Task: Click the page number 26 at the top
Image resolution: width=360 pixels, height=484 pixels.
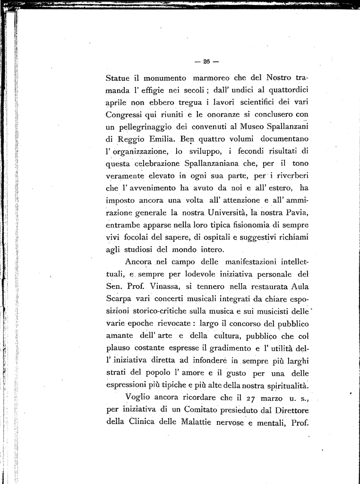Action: click(206, 61)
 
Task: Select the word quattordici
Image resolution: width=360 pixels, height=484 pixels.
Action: click(289, 89)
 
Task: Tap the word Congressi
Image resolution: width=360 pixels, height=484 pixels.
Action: click(125, 115)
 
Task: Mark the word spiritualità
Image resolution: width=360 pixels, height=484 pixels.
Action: click(283, 384)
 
